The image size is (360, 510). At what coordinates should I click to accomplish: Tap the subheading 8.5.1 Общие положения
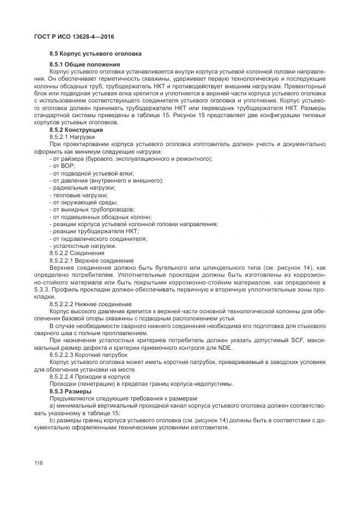(84, 65)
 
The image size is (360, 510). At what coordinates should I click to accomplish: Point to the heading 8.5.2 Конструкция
(76, 130)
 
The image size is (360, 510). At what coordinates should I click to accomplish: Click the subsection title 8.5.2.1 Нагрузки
(72, 137)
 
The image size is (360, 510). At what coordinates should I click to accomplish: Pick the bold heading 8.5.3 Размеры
(70, 391)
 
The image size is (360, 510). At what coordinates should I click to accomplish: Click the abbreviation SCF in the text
(298, 341)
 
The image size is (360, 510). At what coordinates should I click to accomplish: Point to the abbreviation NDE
(222, 348)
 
